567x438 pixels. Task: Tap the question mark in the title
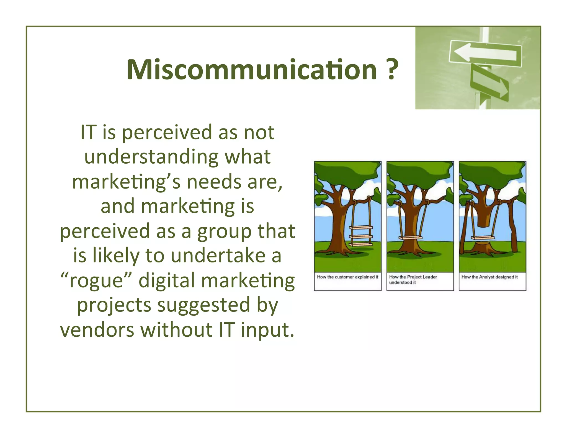[x=391, y=70]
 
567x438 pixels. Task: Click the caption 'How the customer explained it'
[x=347, y=277]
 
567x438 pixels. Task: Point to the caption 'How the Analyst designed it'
[x=489, y=277]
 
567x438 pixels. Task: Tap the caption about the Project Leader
[x=413, y=279]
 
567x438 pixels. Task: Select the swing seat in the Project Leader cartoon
[x=410, y=238]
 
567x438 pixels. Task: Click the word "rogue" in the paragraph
[x=96, y=280]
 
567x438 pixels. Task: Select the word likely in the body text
[x=116, y=256]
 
